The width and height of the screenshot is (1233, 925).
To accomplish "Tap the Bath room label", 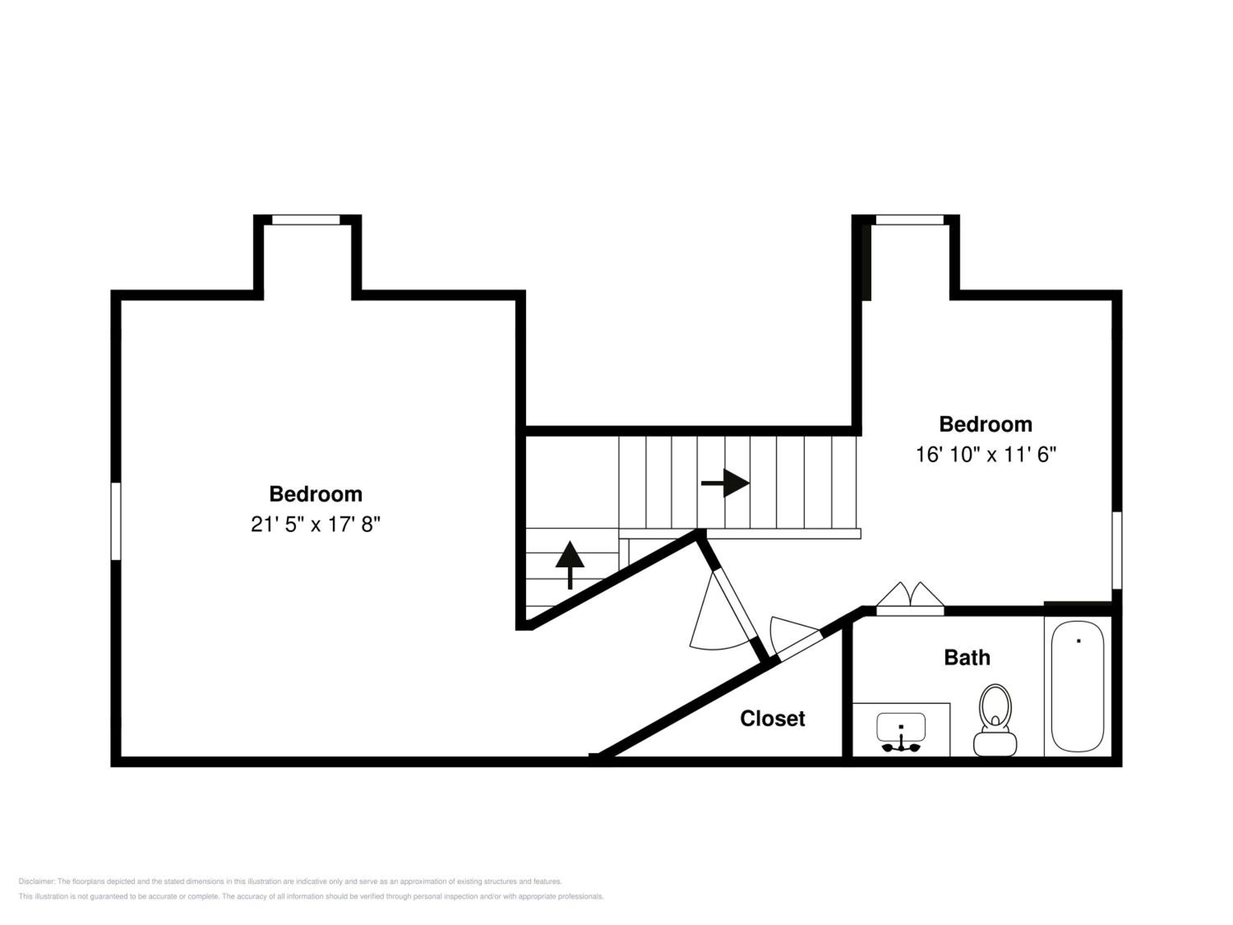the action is pos(967,658).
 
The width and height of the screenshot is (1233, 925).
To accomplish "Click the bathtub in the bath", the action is pos(1078,687).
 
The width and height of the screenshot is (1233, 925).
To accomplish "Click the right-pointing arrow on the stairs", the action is pos(725,483).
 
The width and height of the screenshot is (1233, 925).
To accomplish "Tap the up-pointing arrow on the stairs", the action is pos(570,565).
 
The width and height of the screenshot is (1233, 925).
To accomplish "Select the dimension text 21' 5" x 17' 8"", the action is pos(316,524).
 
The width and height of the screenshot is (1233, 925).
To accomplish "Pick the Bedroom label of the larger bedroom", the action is pos(316,494).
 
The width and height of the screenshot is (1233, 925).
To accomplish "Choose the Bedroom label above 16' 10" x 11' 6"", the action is pos(986,424).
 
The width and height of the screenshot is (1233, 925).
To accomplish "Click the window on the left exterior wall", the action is pos(116,521).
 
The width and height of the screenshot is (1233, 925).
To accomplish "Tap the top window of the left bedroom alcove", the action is pos(305,220).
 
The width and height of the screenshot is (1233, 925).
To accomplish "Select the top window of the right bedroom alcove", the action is pos(910,220).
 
